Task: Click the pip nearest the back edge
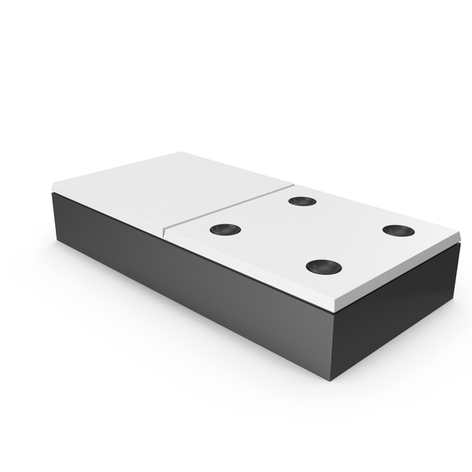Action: [x=302, y=201]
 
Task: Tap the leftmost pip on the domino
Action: [x=226, y=230]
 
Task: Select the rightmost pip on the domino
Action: [x=398, y=230]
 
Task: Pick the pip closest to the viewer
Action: [x=323, y=267]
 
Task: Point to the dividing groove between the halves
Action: [x=228, y=208]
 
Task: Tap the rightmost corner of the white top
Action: [x=459, y=234]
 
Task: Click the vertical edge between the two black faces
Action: [x=333, y=346]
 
